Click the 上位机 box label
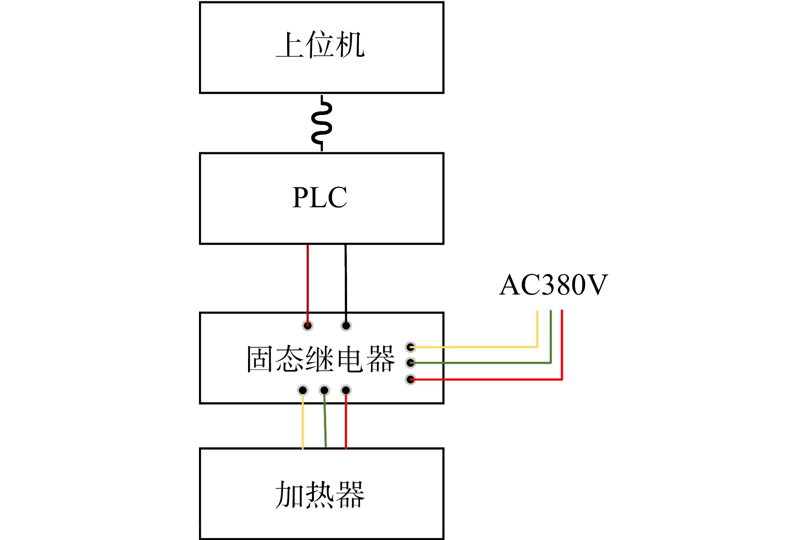click(320, 45)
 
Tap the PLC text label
click(320, 197)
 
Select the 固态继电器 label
click(321, 359)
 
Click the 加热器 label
click(320, 494)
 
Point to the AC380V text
click(553, 285)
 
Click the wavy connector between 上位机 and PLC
click(322, 123)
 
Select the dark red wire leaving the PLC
click(308, 284)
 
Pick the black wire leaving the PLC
click(346, 284)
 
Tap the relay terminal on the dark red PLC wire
click(308, 325)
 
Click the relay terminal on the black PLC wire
click(346, 325)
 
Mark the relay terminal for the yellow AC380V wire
click(411, 347)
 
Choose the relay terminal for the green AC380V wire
click(411, 363)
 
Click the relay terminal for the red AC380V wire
click(411, 379)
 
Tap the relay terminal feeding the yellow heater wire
click(303, 390)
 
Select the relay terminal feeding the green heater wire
click(324, 390)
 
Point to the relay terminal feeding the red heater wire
click(346, 390)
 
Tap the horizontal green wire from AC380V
click(481, 363)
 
